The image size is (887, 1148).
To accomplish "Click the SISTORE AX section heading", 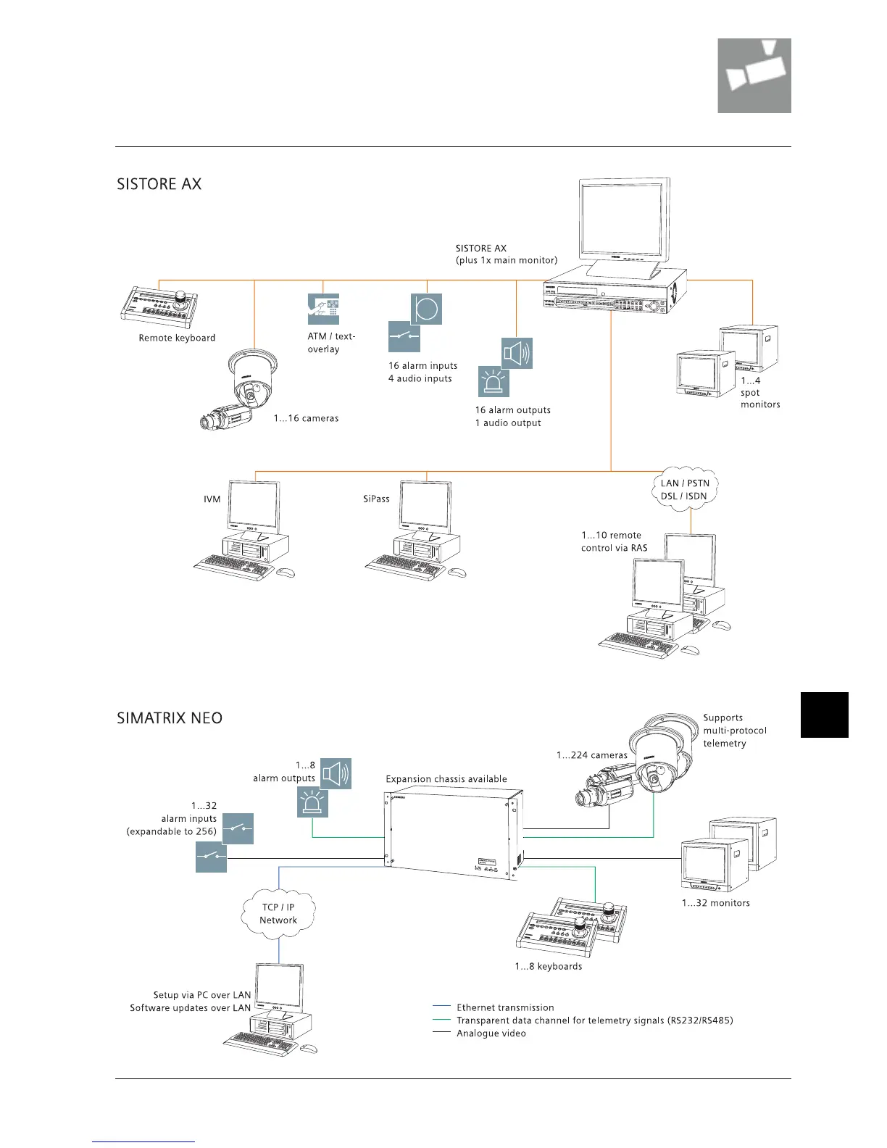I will [159, 184].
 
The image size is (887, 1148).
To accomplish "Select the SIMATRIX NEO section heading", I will [170, 718].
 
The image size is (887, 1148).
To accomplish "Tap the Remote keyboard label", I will [177, 338].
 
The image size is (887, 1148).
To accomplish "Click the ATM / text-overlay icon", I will [323, 309].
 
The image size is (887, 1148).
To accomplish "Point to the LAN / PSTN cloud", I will [685, 490].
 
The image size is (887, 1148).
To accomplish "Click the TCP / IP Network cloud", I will [279, 914].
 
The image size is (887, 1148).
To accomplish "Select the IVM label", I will [212, 499].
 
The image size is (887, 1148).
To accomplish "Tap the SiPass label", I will [376, 499].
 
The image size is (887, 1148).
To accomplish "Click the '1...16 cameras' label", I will [306, 418].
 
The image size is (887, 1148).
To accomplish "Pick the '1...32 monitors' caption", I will [715, 903].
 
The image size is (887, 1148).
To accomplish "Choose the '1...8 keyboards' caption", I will [549, 966].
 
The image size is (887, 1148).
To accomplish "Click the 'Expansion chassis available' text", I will [446, 779].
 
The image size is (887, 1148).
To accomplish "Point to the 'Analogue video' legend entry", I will [491, 1033].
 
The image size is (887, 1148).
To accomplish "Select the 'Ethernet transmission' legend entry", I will [505, 1007].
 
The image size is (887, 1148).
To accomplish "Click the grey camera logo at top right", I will [754, 75].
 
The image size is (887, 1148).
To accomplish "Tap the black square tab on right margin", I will [824, 715].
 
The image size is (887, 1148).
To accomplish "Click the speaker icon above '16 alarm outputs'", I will [517, 353].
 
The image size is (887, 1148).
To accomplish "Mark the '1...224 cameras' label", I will [592, 755].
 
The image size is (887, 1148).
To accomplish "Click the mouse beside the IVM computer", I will [286, 573].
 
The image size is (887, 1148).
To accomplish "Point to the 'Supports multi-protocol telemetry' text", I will [734, 731].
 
